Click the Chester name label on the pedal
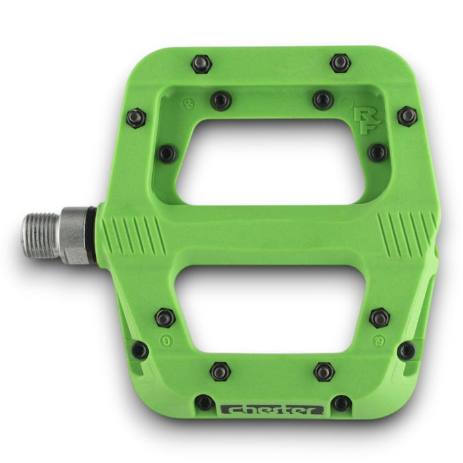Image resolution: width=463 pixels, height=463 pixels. coord(272,409)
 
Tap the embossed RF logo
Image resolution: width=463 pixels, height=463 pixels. coord(364,120)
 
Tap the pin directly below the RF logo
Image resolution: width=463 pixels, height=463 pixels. coord(377,152)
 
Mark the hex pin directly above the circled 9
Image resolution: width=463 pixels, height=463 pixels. coord(165,317)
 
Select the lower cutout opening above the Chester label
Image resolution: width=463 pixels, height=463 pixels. coord(271,311)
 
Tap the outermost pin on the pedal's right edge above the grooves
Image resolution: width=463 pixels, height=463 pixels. coord(407,116)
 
